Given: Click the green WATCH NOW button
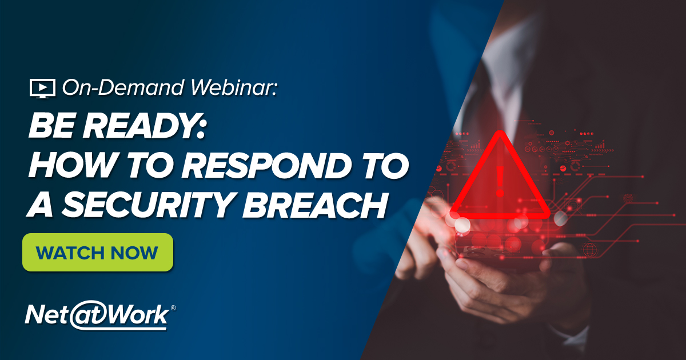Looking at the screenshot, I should [97, 252].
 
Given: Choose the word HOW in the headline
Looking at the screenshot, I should [67, 165].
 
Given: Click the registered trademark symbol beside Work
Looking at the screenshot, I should [173, 308].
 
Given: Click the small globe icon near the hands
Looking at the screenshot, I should [589, 249].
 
